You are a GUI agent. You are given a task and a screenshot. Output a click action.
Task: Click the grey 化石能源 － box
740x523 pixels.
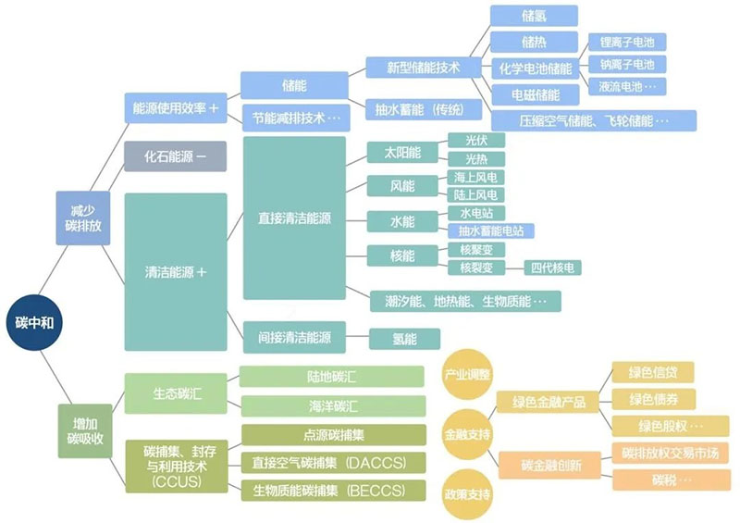pos(175,156)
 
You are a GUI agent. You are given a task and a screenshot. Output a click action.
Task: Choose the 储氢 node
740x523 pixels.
pos(533,16)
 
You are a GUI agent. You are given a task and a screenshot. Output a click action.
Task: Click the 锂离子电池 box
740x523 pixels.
pos(627,43)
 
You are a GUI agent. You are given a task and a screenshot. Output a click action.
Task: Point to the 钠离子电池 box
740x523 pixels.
pos(627,65)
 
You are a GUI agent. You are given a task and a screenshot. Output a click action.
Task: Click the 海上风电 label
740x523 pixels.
pos(475,176)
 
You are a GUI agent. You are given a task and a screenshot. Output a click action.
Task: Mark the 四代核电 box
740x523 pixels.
pos(553,268)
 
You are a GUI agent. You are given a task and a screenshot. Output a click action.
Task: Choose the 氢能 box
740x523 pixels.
pos(404,339)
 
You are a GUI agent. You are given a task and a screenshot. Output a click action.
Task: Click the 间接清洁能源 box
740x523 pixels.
pos(293,337)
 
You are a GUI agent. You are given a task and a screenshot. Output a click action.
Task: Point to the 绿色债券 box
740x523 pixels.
pos(653,399)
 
